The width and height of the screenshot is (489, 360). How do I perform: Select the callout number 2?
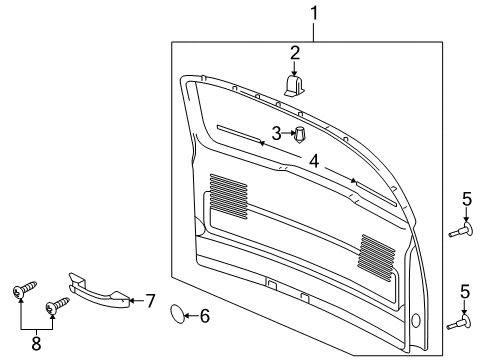pos(295,52)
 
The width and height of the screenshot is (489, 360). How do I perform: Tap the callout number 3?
pos(276,133)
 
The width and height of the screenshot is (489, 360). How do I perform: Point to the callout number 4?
pos(313,160)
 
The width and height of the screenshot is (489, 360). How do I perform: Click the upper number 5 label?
pos(466,198)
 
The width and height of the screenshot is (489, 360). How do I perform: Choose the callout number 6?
pos(205,317)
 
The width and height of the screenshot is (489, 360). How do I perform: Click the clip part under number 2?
pos(295,87)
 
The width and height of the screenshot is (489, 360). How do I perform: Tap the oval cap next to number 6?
pos(176,317)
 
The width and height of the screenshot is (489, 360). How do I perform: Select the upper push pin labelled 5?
pos(462,231)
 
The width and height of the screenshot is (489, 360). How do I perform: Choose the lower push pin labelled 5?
pos(462,323)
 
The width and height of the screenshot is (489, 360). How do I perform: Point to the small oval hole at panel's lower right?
pos(413,321)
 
